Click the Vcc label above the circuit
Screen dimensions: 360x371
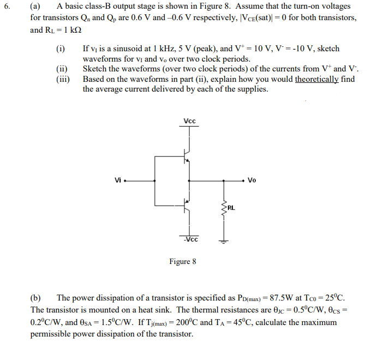tap(190, 121)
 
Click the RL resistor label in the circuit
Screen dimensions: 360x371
tap(231, 207)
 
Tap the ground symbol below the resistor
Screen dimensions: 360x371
tap(223, 241)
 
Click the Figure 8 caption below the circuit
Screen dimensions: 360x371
tap(183, 262)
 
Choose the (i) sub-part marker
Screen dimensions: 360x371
tap(61, 49)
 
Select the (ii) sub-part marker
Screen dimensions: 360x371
tap(62, 69)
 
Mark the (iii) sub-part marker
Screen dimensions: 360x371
tap(63, 79)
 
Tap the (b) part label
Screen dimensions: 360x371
tap(36, 298)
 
